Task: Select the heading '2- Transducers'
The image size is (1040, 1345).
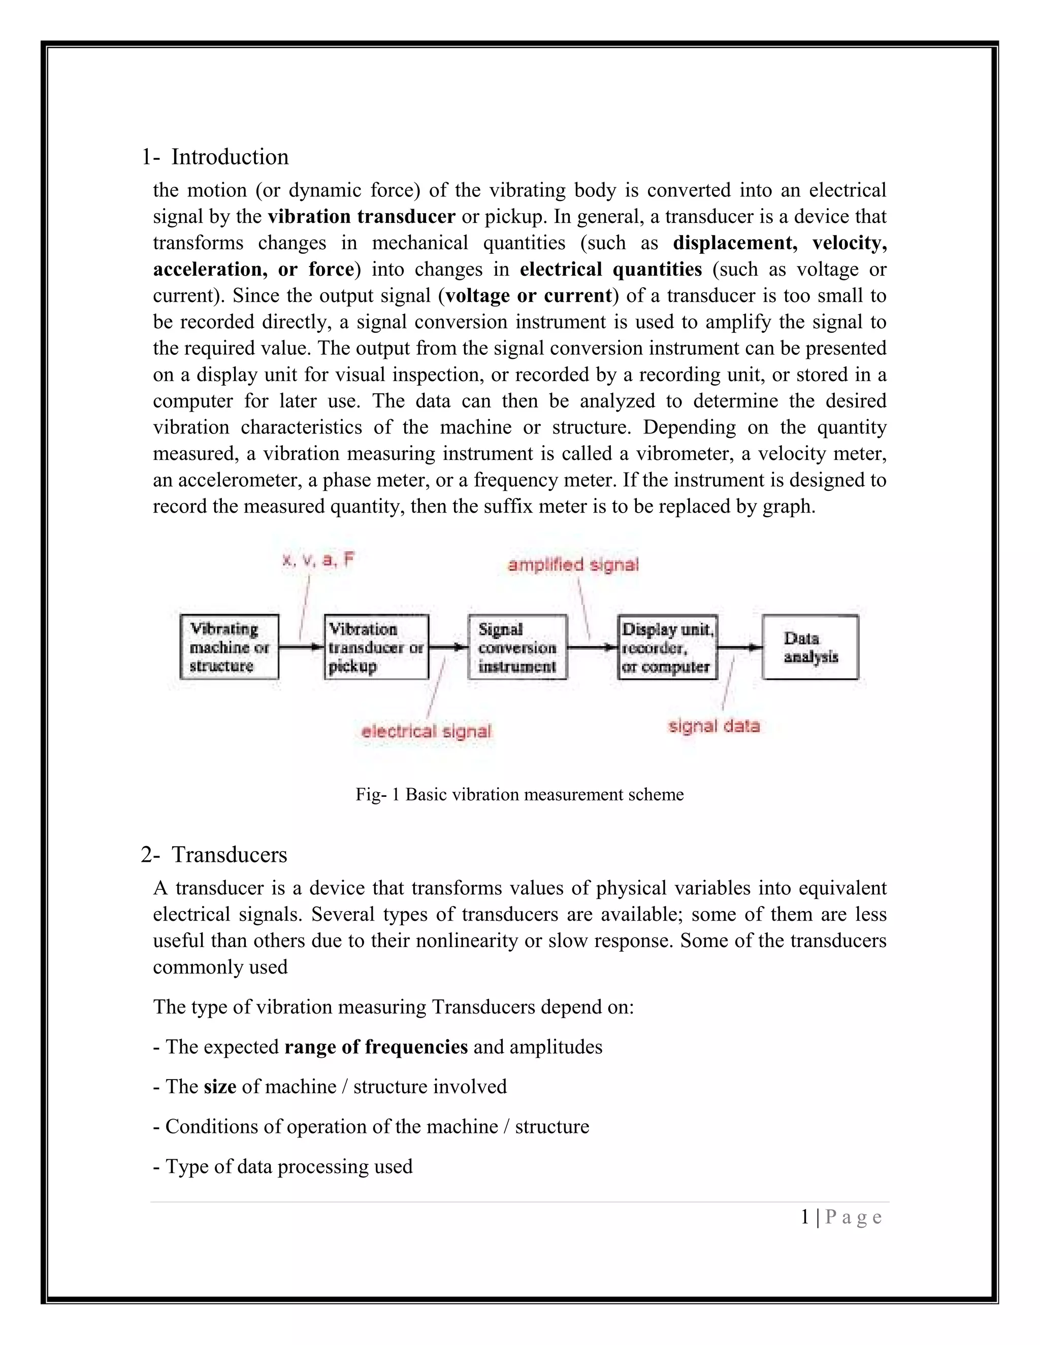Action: (x=214, y=855)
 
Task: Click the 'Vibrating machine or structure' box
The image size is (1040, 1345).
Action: (x=229, y=647)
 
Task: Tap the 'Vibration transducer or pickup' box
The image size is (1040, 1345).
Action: (x=376, y=647)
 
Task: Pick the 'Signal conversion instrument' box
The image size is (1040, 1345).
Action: (x=517, y=647)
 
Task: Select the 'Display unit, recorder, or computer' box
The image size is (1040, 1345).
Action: (x=667, y=647)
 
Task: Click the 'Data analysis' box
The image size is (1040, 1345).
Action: (x=810, y=647)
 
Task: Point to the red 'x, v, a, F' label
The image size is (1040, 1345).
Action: (x=318, y=560)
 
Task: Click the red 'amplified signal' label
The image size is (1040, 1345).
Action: (x=573, y=565)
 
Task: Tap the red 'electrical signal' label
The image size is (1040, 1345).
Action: (x=427, y=731)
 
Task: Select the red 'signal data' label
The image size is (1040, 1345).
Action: (x=714, y=726)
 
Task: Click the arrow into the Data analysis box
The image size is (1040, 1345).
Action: (x=739, y=647)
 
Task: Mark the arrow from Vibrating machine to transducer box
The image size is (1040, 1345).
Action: (x=301, y=647)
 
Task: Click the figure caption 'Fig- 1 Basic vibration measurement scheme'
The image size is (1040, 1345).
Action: (x=519, y=794)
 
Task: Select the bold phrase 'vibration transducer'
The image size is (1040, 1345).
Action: (x=362, y=217)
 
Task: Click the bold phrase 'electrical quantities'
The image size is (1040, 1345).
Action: (x=610, y=270)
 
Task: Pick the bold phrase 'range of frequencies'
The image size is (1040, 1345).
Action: (x=376, y=1047)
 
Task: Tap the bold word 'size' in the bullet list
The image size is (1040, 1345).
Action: (x=220, y=1086)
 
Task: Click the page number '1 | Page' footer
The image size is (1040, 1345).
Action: (x=841, y=1218)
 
